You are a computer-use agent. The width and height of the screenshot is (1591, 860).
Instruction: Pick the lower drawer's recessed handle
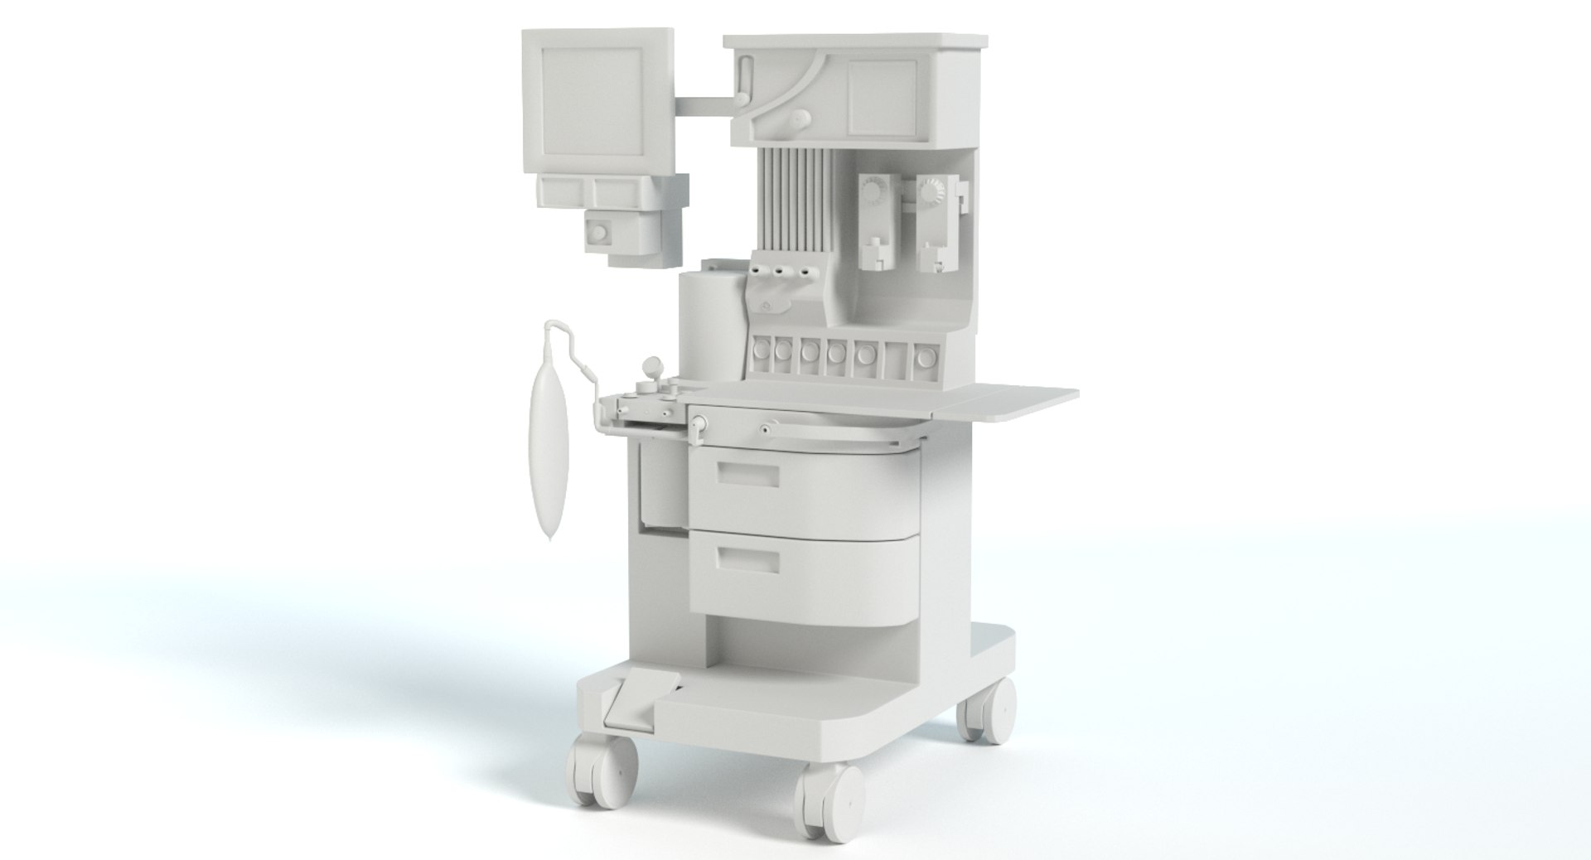pos(748,560)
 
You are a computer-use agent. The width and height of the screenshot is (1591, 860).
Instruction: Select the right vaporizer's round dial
pos(932,193)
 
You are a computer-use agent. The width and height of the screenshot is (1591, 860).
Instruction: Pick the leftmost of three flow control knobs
pos(760,271)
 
